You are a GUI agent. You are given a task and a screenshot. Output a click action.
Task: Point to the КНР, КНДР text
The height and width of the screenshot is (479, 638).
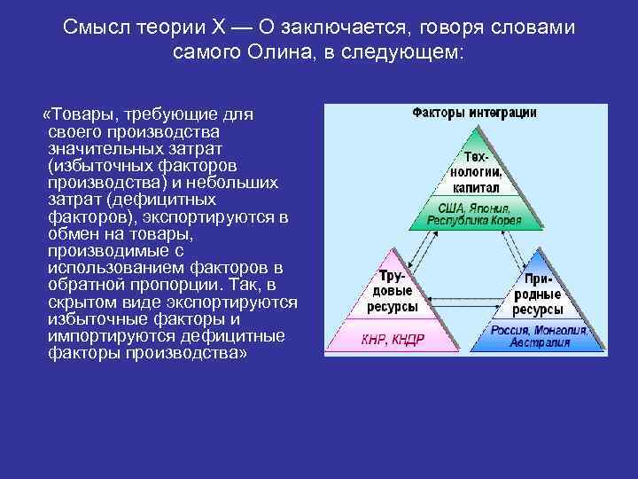pyautogui.click(x=393, y=338)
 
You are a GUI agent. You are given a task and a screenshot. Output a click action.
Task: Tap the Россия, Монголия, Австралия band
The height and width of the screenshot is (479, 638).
pyautogui.click(x=540, y=338)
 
